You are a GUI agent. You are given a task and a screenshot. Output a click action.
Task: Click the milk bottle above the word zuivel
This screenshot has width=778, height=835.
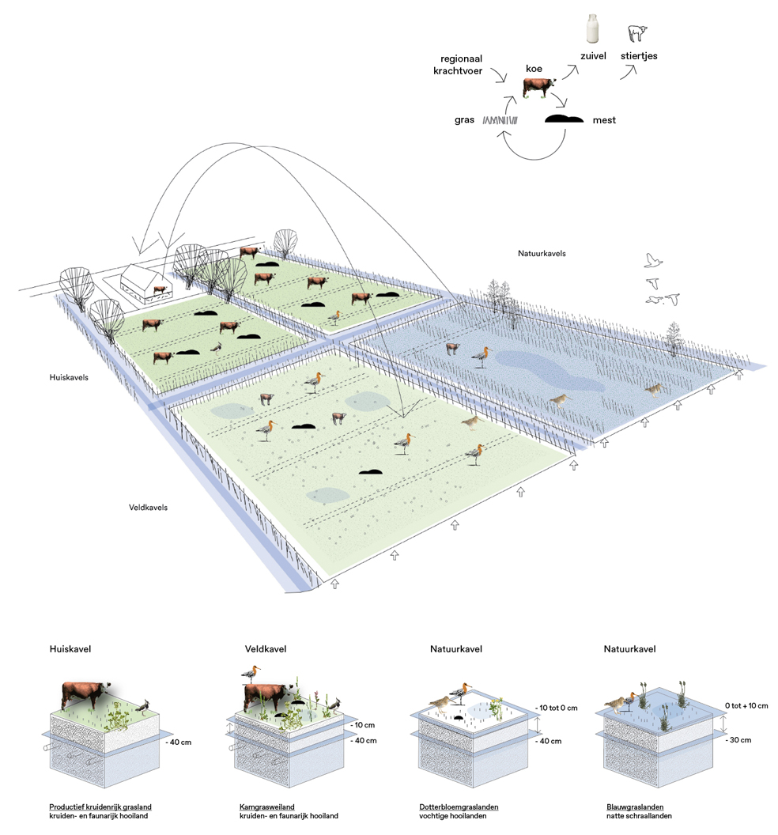[590, 29]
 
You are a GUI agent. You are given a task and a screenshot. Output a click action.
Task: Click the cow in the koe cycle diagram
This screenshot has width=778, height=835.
[538, 88]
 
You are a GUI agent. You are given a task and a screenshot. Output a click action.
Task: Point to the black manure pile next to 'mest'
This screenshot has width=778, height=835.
[566, 119]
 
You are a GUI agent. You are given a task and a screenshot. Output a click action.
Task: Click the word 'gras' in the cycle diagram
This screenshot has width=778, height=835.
[464, 120]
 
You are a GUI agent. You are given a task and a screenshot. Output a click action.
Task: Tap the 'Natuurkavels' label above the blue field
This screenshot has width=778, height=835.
[542, 253]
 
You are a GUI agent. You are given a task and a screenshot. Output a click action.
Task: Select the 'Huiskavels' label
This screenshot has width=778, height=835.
[69, 377]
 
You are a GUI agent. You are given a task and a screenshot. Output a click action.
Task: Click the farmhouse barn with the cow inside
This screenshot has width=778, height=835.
[146, 283]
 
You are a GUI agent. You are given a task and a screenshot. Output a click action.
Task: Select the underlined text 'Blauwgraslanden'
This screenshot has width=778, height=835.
[634, 807]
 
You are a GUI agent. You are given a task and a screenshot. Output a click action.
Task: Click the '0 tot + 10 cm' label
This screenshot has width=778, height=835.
[749, 706]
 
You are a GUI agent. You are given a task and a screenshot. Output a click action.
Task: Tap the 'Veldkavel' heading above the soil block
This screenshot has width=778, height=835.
[266, 649]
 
